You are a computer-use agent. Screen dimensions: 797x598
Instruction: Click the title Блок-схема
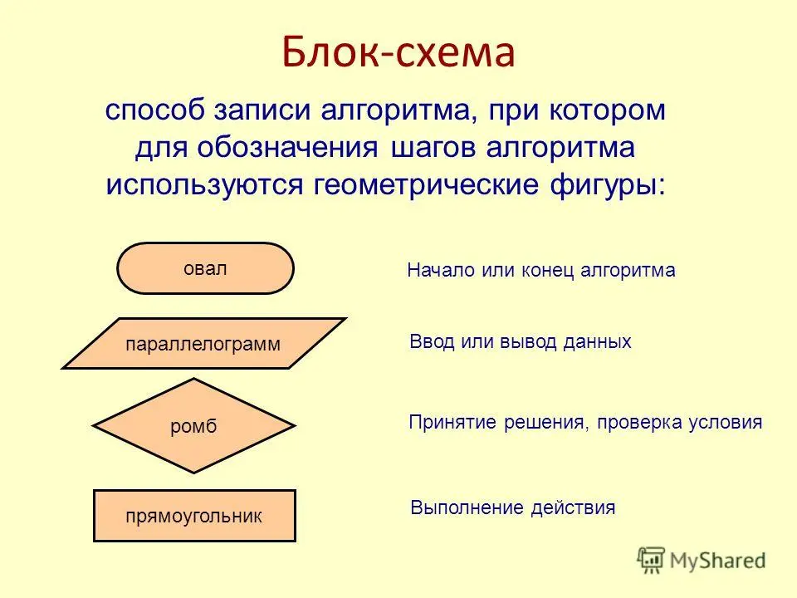(x=398, y=51)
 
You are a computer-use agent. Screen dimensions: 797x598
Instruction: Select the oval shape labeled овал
(x=205, y=268)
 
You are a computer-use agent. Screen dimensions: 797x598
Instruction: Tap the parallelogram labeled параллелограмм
(x=204, y=343)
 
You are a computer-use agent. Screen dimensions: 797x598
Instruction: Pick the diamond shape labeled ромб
(x=193, y=425)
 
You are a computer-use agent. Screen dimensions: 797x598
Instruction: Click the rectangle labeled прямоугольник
(x=194, y=516)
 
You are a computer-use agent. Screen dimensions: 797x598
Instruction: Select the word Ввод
(x=432, y=341)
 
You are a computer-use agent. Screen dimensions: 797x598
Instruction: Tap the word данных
(x=597, y=342)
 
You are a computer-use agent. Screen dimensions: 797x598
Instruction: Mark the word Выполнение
(x=467, y=507)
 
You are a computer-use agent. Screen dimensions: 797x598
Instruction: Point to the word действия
(x=573, y=508)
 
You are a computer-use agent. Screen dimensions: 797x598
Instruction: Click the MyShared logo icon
(x=651, y=561)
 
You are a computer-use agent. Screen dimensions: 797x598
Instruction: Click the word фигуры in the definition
(x=607, y=184)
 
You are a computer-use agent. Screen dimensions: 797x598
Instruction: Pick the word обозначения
(x=288, y=148)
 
